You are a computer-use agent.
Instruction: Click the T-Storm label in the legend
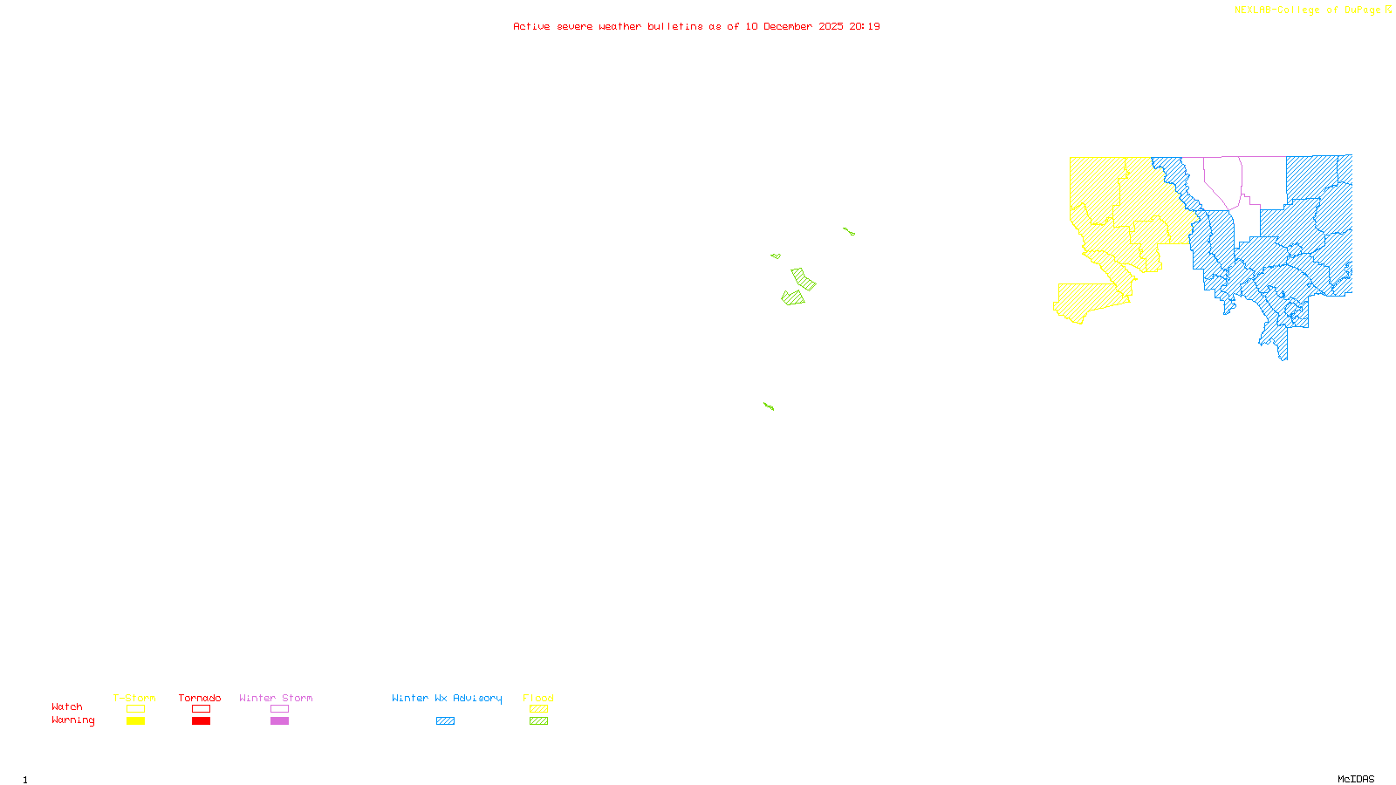point(134,698)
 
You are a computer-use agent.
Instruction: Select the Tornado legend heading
point(200,698)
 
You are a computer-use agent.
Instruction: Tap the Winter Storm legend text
point(276,698)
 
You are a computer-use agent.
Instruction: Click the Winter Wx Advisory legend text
point(447,698)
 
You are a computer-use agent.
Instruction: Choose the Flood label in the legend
point(538,698)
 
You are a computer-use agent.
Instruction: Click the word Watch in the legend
point(67,706)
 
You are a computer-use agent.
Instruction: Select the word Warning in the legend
point(73,720)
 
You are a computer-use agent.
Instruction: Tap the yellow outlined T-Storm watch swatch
point(135,709)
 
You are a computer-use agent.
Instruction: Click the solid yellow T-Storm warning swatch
point(135,721)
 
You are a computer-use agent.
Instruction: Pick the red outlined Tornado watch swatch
point(201,709)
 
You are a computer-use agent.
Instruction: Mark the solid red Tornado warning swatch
point(201,721)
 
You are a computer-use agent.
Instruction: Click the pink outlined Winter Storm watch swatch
point(279,709)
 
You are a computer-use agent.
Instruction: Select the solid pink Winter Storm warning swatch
point(279,721)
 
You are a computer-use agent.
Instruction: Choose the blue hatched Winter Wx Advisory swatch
point(445,721)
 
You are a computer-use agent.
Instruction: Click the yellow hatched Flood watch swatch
point(539,709)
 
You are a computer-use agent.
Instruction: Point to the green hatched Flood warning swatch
point(539,721)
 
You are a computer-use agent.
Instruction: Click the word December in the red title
point(788,26)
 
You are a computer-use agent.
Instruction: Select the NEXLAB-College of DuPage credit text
point(1308,10)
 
